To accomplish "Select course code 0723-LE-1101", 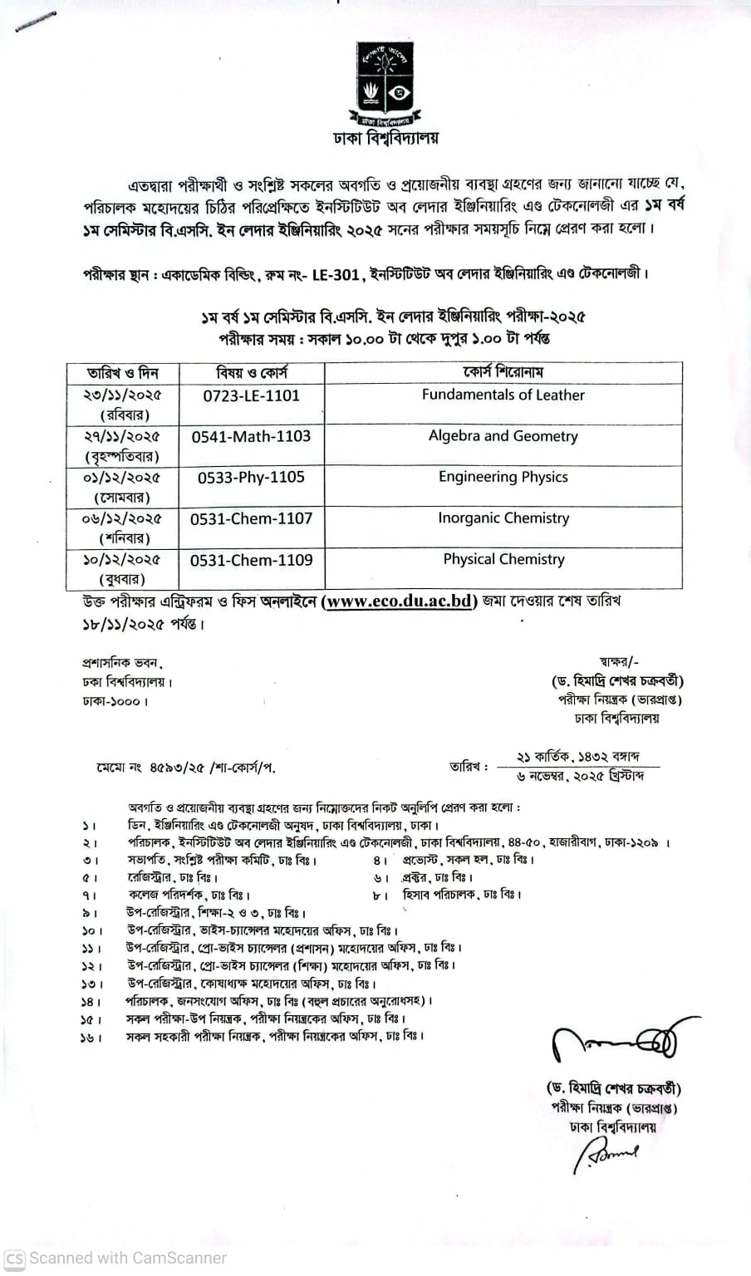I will [x=251, y=395].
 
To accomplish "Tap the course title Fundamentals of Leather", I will [x=503, y=395].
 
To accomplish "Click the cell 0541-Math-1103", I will [x=251, y=436].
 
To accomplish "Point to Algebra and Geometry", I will [x=503, y=436].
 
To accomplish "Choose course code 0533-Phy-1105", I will [x=251, y=477].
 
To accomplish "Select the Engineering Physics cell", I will [x=503, y=477].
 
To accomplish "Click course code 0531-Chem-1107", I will [x=251, y=518].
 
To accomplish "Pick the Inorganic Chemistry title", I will [x=503, y=518].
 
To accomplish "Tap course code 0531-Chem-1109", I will [x=251, y=560].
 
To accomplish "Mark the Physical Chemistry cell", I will [x=503, y=559].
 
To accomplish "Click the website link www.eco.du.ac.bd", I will [x=400, y=601].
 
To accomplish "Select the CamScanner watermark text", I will [x=116, y=1258].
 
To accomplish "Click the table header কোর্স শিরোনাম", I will [x=503, y=372].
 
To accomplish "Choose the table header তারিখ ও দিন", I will [x=122, y=373].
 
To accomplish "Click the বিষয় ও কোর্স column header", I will [x=251, y=373].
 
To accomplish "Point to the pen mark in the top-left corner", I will [x=32, y=22].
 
